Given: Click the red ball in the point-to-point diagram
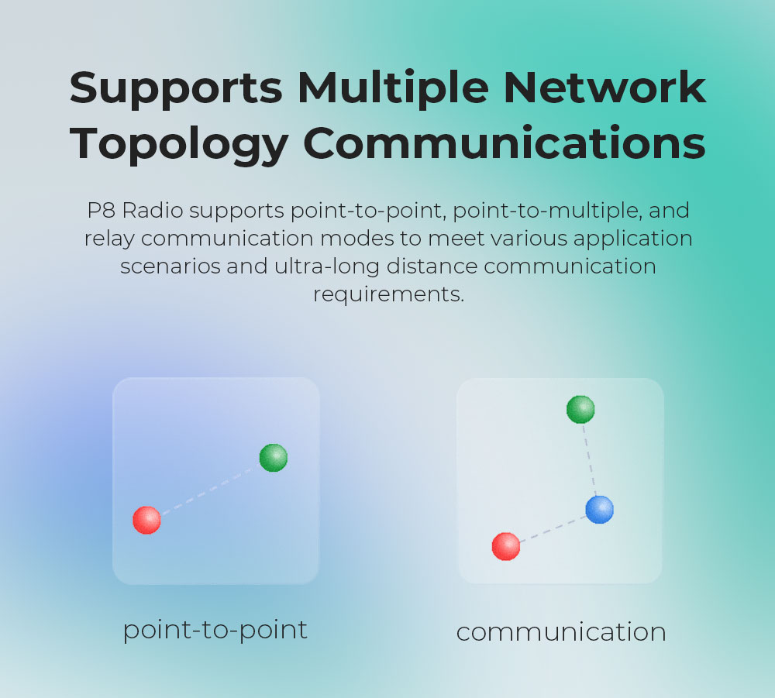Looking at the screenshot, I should [146, 520].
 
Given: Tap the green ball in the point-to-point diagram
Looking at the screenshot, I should [273, 458].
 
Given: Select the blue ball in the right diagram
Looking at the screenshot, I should [599, 510].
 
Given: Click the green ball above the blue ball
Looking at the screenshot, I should [580, 409].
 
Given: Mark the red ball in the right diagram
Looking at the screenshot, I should [506, 546].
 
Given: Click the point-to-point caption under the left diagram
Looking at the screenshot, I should [215, 630].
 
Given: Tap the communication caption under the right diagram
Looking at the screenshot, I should [560, 632].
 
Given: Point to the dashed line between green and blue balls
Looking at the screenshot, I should [589, 459].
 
